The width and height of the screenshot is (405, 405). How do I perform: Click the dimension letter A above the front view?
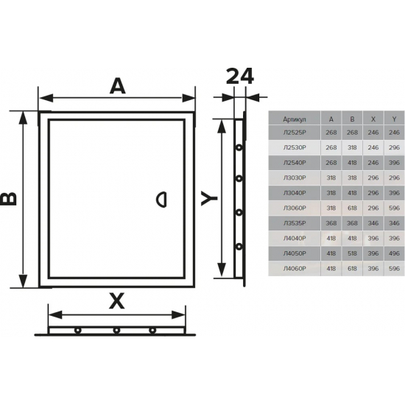pos(116,86)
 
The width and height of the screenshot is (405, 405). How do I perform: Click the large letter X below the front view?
pos(117,300)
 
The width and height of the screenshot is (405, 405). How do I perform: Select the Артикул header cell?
pos(293,118)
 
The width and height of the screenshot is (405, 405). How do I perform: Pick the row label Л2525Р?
pos(293,133)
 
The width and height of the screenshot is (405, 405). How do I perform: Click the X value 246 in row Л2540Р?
pos(373,162)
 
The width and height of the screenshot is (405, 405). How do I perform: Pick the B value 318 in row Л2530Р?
pos(352,147)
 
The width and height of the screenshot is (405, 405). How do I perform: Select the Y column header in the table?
pos(394,118)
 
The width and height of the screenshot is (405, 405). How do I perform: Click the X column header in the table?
pos(373,118)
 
